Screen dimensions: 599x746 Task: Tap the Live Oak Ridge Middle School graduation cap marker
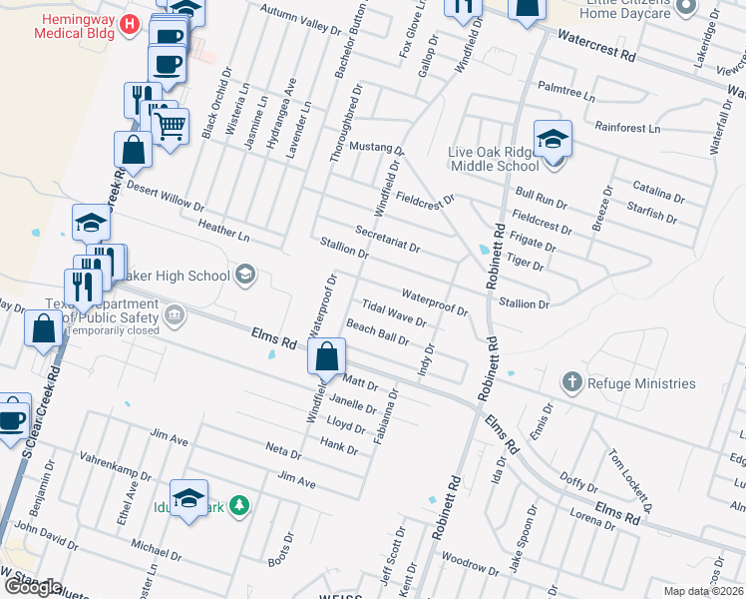pos(552,140)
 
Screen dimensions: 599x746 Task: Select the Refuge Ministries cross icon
pos(571,381)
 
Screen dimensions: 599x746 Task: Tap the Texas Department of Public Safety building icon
pos(175,316)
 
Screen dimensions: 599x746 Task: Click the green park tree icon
pos(238,506)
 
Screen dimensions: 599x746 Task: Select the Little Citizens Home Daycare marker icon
pos(685,8)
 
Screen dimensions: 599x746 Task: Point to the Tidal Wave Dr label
pos(394,313)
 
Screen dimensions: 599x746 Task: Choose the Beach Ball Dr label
pos(378,332)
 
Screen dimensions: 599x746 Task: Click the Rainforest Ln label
pos(627,128)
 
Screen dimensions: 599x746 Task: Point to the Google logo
pos(32,586)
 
